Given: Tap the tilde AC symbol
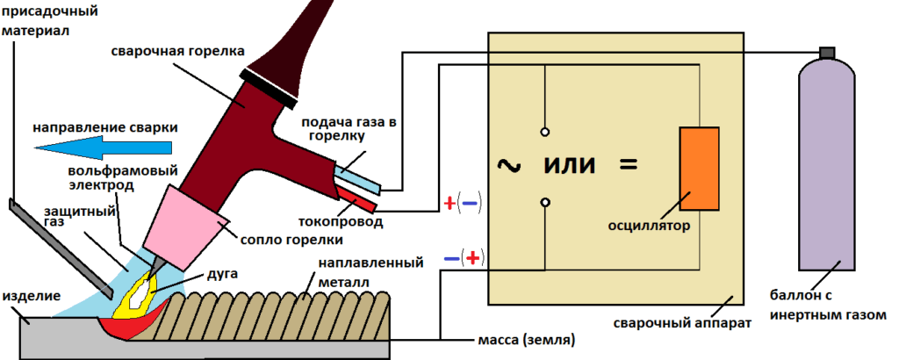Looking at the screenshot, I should pos(508,164).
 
